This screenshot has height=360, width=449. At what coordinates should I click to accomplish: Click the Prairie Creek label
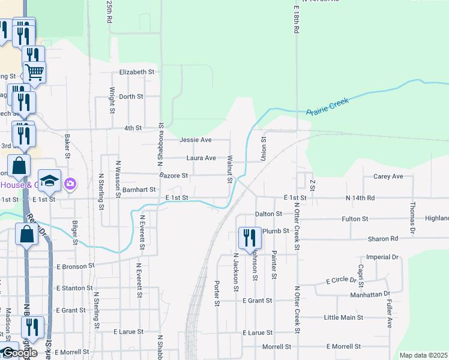coord(327,107)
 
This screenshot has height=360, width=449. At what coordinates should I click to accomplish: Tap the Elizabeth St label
coord(137,72)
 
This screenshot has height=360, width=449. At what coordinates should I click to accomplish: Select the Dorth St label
coord(131,97)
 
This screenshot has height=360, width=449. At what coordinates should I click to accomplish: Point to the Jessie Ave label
coord(196,140)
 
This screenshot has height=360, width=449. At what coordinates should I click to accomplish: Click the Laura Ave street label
coord(201,158)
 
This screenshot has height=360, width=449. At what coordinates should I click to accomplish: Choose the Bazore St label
coord(173,176)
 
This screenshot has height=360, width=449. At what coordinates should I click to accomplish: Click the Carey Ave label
coord(388,176)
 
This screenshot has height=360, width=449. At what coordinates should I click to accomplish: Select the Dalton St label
coord(268,214)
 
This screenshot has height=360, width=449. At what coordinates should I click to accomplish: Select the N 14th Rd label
coord(360,197)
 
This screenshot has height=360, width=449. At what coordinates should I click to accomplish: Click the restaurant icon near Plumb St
coord(249,238)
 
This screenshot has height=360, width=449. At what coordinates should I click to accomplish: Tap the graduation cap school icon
coord(49,180)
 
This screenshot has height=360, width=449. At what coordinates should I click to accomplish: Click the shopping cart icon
coord(34,72)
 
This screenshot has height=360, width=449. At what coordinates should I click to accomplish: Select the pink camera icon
coord(70,183)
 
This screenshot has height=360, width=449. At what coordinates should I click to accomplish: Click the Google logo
coord(19,353)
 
